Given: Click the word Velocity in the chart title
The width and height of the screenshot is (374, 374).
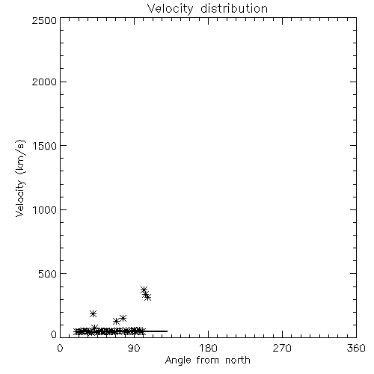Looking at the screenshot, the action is pyautogui.click(x=171, y=9).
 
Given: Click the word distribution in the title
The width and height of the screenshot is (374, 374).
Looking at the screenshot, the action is pyautogui.click(x=234, y=8).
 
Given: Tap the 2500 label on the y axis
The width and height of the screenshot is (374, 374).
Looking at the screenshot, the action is pyautogui.click(x=44, y=20).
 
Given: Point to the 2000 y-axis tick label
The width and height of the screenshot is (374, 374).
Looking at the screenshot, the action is pyautogui.click(x=44, y=82).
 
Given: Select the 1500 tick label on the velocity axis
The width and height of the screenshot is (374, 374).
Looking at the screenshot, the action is pyautogui.click(x=45, y=146).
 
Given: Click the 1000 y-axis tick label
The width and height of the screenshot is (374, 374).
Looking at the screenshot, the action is pyautogui.click(x=45, y=210).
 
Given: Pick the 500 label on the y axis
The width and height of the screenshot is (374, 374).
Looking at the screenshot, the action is pyautogui.click(x=47, y=274).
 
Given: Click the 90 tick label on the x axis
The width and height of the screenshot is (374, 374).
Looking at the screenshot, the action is pyautogui.click(x=134, y=348).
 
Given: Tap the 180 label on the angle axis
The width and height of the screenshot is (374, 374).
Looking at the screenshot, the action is pyautogui.click(x=208, y=348).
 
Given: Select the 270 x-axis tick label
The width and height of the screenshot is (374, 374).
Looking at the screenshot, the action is pyautogui.click(x=282, y=348).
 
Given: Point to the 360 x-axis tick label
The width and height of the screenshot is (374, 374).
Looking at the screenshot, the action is pyautogui.click(x=356, y=348).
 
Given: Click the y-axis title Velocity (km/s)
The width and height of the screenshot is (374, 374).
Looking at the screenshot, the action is pyautogui.click(x=20, y=178).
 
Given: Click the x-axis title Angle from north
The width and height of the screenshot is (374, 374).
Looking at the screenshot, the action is pyautogui.click(x=207, y=361).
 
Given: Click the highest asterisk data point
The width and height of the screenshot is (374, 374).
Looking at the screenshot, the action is pyautogui.click(x=144, y=290).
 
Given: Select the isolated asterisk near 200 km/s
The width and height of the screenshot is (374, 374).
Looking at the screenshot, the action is pyautogui.click(x=93, y=313).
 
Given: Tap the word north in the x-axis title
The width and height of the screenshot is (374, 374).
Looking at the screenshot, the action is pyautogui.click(x=238, y=360).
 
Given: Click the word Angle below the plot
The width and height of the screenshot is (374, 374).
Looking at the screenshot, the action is pyautogui.click(x=178, y=361).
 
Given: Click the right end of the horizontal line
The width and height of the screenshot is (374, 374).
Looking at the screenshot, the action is pyautogui.click(x=168, y=331).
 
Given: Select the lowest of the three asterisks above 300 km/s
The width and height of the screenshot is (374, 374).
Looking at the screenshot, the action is pyautogui.click(x=147, y=297).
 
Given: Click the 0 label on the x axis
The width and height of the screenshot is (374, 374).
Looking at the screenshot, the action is pyautogui.click(x=60, y=348).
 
